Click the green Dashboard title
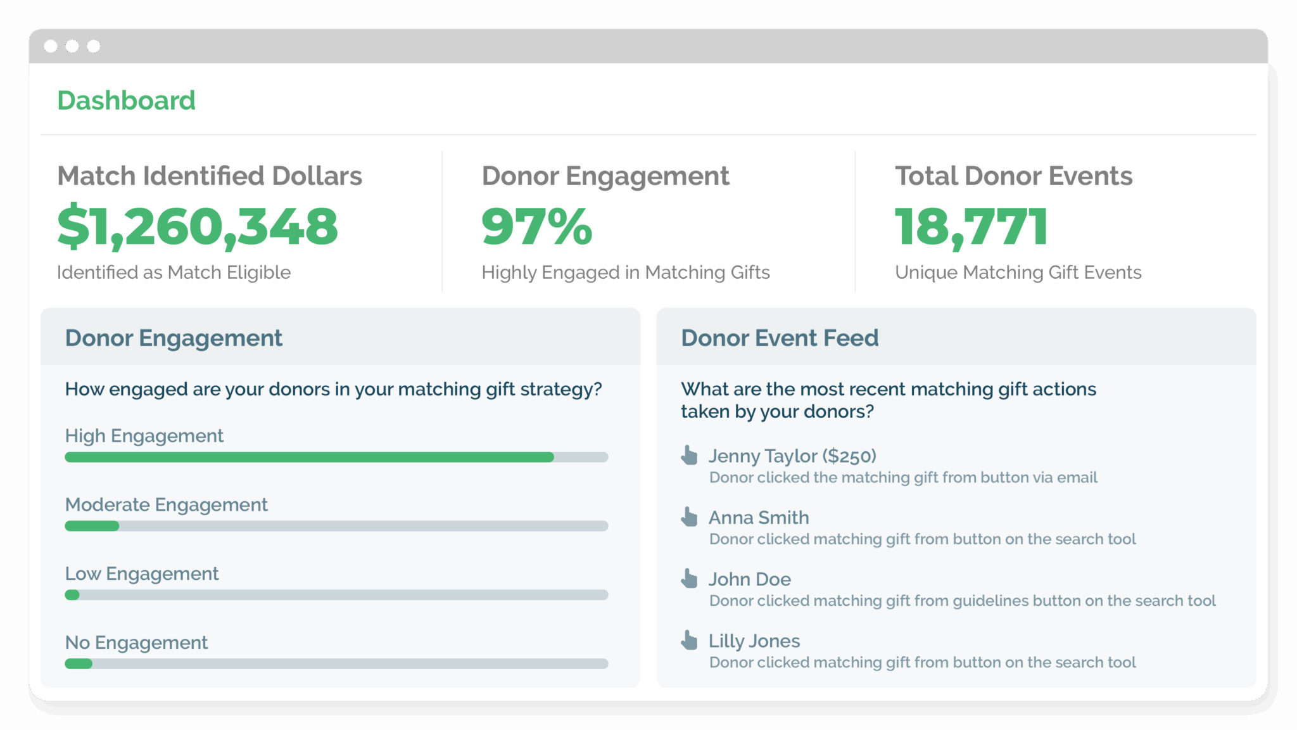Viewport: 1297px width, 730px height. coord(126,100)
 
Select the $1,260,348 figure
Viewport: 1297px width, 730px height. coord(198,226)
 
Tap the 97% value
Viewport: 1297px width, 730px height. coord(536,226)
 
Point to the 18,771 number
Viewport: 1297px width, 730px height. coord(971,226)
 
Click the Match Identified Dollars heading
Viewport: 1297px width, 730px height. coord(210,176)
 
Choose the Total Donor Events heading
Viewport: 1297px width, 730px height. coord(1013,176)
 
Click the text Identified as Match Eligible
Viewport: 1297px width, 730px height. coord(174,272)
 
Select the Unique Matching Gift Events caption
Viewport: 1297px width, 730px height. coord(1018,272)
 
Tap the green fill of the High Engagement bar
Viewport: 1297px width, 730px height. coord(309,457)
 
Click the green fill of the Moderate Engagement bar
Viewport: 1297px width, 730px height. coord(92,526)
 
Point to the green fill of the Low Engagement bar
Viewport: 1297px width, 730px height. coord(72,595)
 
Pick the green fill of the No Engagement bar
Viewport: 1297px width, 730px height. coord(79,664)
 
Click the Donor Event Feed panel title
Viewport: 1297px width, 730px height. coord(780,338)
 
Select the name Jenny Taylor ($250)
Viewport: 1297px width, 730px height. coord(792,456)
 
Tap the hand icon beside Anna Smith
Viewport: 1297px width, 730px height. coord(689,516)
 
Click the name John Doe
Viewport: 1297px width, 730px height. coord(749,579)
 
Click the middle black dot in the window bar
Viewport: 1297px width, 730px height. coord(72,46)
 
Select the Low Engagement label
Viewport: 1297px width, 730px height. coord(142,573)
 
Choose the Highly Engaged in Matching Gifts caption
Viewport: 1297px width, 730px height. coord(625,272)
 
